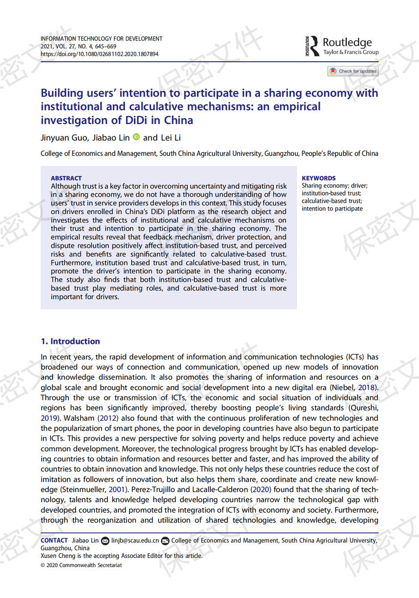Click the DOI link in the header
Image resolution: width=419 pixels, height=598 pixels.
point(100,54)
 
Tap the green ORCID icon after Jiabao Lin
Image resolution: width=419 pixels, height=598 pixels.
point(136,137)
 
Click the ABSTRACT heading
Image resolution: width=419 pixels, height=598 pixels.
point(66,178)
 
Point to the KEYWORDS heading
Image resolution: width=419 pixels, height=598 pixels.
point(319,178)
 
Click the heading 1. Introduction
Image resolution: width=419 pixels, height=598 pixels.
point(70,341)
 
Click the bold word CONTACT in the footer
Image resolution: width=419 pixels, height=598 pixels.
point(54,540)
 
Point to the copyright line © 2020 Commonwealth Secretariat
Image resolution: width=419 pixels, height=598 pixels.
point(80,565)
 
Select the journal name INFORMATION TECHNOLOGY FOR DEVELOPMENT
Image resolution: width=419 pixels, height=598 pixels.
point(101,39)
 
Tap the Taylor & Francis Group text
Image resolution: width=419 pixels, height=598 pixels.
point(351,52)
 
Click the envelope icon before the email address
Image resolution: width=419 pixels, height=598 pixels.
point(105,540)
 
